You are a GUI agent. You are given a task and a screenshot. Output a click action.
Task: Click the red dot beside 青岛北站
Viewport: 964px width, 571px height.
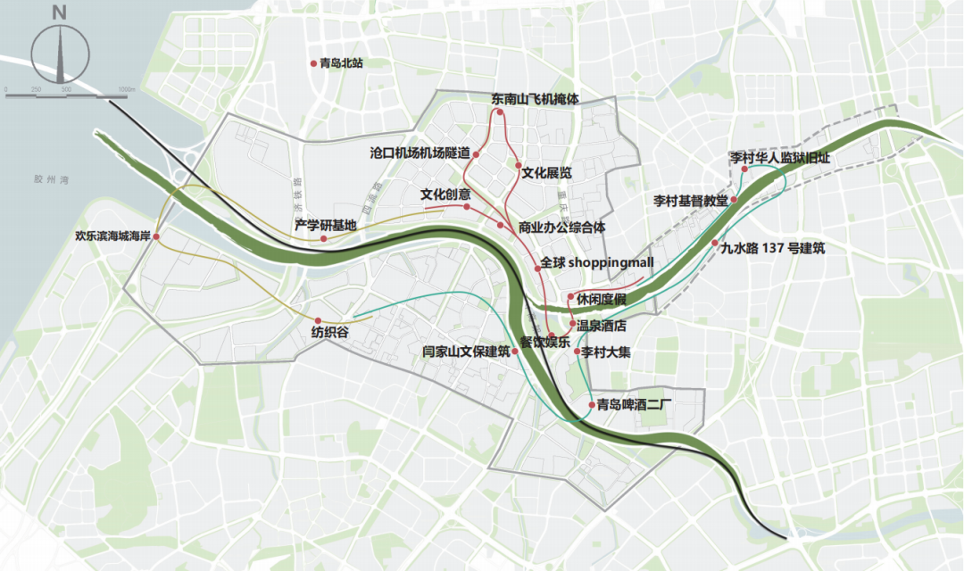point(312,64)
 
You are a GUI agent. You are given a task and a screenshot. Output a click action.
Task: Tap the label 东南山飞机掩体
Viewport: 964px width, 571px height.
point(535,100)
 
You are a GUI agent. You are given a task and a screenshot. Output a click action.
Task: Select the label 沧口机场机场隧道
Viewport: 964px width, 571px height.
point(419,153)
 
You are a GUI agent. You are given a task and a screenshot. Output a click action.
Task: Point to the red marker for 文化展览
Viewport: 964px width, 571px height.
point(518,165)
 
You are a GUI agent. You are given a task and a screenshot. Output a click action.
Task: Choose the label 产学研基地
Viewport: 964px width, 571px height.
point(326,225)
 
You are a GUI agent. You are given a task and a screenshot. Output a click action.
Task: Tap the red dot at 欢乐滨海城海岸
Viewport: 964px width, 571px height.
point(156,236)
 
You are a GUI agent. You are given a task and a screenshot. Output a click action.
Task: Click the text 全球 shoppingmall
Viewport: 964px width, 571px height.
point(598,262)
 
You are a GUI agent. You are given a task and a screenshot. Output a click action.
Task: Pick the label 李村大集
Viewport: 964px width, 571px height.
point(606,352)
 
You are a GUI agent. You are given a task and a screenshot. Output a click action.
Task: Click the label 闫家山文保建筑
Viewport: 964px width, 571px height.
point(465,352)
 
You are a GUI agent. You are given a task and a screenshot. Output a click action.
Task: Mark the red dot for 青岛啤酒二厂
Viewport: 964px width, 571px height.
point(592,405)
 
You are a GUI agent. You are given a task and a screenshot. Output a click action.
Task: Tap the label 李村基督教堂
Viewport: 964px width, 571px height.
point(690,200)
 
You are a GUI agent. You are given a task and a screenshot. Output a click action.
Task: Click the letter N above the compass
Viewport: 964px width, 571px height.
point(59,12)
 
